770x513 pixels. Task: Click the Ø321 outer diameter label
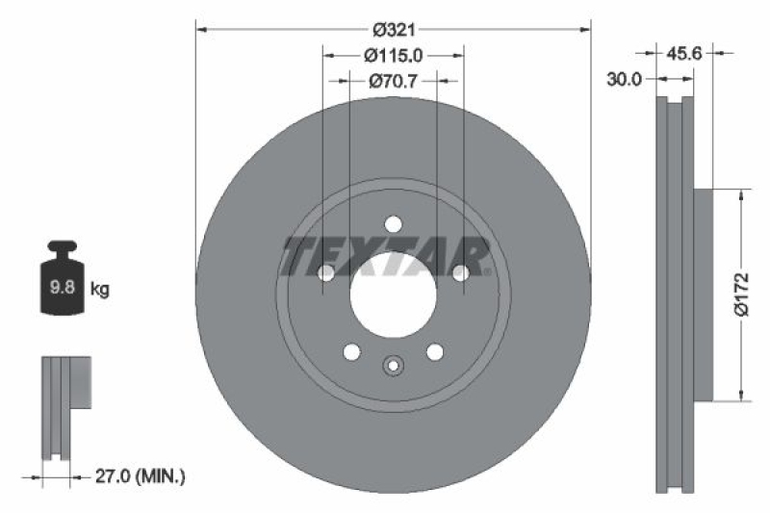(x=393, y=30)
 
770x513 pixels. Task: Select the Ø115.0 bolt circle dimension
(x=393, y=57)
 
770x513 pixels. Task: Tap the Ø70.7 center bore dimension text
(x=393, y=83)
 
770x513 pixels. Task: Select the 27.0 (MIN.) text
(x=141, y=475)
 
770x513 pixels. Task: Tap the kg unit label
(x=100, y=288)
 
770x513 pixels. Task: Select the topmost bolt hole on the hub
(x=393, y=224)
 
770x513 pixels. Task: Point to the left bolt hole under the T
(x=325, y=273)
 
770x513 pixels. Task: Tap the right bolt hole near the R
(x=460, y=273)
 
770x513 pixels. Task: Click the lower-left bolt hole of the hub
(x=351, y=351)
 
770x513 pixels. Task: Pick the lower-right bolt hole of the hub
(x=434, y=351)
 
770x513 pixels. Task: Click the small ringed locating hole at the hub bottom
(x=393, y=366)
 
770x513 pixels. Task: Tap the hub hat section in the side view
(x=702, y=294)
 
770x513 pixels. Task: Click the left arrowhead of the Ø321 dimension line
(x=201, y=30)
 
